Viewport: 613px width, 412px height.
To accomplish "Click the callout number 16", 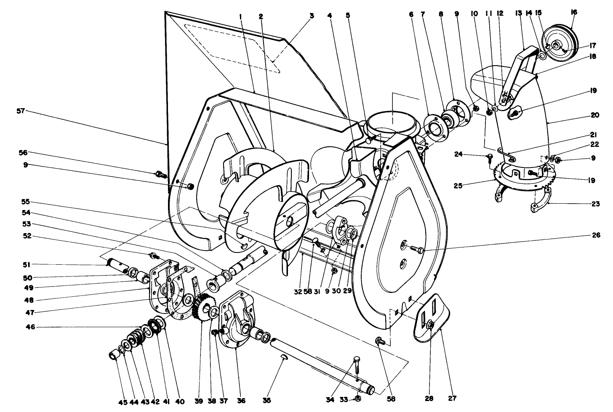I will click(573, 13).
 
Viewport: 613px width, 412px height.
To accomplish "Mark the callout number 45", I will click(123, 402).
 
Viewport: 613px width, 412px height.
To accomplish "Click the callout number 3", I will click(312, 16).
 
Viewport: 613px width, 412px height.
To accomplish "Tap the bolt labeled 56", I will click(160, 173).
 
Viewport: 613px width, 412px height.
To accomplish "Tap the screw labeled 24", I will click(490, 157).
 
